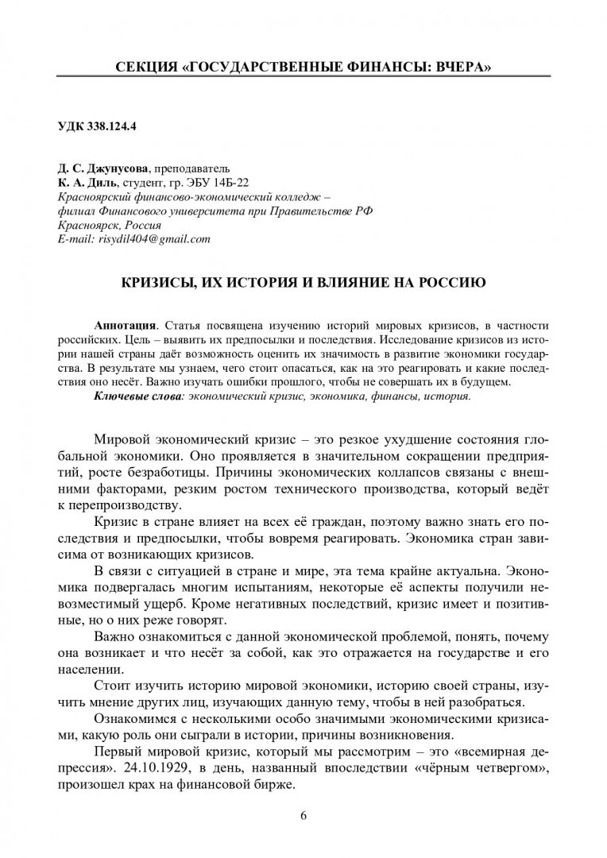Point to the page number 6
(303, 816)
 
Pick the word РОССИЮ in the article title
(447, 282)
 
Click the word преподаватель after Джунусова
(194, 169)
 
